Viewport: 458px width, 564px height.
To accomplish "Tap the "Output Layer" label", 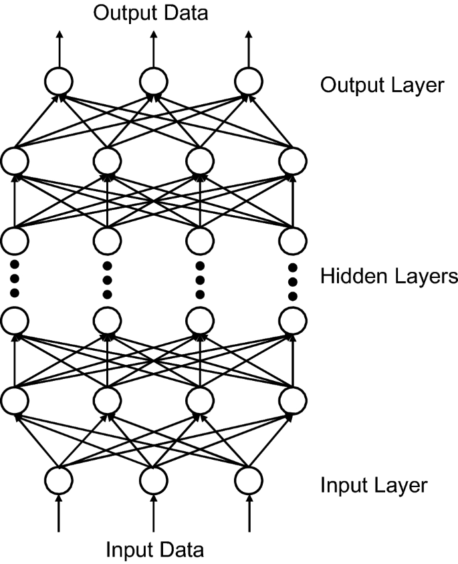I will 382,86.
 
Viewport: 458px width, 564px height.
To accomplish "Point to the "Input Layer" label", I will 373,485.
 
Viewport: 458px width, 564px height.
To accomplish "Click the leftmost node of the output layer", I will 58,82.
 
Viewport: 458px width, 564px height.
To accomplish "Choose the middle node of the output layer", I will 153,82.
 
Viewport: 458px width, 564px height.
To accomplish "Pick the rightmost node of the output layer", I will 248,82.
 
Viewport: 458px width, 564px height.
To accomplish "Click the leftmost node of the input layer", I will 58,480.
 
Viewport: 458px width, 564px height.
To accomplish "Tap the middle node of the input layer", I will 153,480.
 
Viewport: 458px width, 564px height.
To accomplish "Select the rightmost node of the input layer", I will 248,480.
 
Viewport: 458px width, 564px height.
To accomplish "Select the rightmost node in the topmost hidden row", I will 292,160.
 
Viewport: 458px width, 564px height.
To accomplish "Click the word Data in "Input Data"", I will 179,551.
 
